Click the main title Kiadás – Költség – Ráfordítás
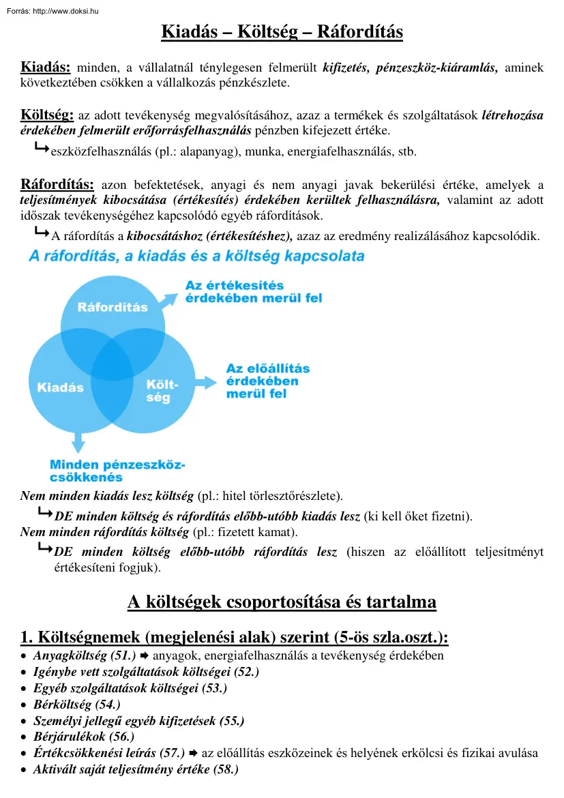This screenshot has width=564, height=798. coord(282,32)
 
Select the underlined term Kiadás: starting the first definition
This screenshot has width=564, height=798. coord(46,67)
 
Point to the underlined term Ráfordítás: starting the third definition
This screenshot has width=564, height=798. coord(57,184)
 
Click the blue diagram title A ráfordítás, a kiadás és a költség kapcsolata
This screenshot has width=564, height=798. coord(196,256)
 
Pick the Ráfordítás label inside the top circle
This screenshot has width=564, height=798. coord(113,307)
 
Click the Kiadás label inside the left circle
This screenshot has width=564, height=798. coord(60,387)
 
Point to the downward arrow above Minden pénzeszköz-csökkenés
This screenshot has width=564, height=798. coord(78,442)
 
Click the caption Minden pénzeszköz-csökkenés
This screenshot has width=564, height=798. coord(117,471)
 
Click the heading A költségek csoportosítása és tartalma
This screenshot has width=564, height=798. coord(282,602)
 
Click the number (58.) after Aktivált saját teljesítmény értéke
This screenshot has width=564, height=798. coord(225,769)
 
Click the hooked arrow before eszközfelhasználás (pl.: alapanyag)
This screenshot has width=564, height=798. coord(41,147)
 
